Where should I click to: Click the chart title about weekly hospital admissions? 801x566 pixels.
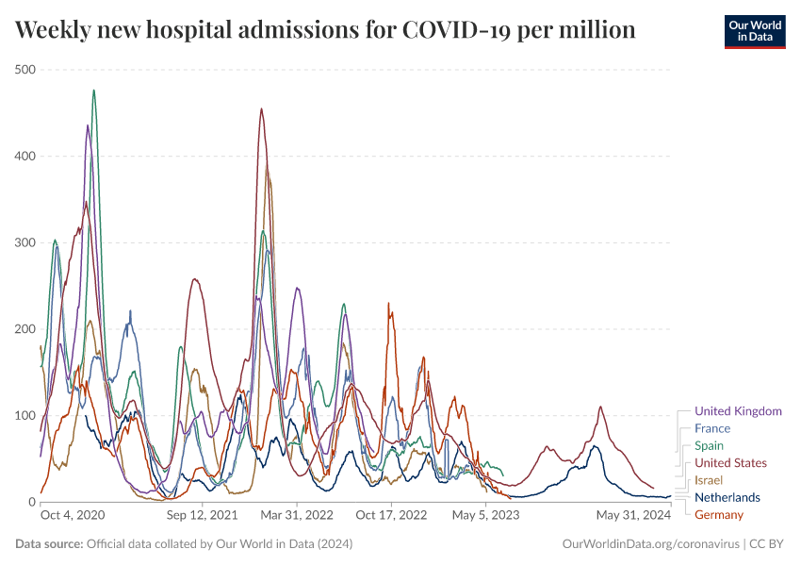pyautogui.click(x=325, y=30)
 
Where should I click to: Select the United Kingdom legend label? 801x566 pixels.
pyautogui.click(x=738, y=411)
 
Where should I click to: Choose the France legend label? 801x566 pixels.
pyautogui.click(x=712, y=428)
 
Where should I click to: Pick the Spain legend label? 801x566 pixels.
pyautogui.click(x=710, y=445)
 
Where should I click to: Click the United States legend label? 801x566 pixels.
pyautogui.click(x=730, y=463)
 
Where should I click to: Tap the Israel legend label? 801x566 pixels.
pyautogui.click(x=709, y=480)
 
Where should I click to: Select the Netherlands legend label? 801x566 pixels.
pyautogui.click(x=727, y=497)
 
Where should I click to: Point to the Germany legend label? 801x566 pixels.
pyautogui.click(x=719, y=514)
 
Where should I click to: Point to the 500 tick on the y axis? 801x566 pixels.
pyautogui.click(x=25, y=70)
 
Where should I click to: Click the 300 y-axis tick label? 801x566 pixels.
pyautogui.click(x=25, y=242)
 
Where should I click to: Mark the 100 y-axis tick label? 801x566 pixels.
pyautogui.click(x=25, y=416)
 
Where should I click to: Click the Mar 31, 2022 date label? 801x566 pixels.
pyautogui.click(x=297, y=516)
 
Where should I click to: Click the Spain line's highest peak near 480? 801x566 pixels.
pyautogui.click(x=93, y=91)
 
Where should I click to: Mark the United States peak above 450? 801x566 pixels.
pyautogui.click(x=261, y=109)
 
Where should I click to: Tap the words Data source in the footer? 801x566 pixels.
pyautogui.click(x=49, y=544)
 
